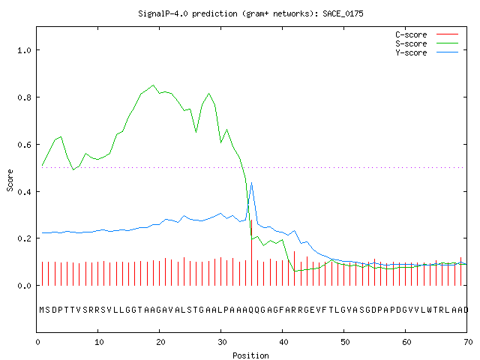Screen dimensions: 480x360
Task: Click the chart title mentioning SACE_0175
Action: pos(250,13)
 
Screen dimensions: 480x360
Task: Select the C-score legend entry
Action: pos(427,34)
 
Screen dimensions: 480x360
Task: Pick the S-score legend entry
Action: pos(427,43)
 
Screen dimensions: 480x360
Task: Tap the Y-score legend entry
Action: pos(427,52)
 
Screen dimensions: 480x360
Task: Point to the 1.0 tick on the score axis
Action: pos(24,50)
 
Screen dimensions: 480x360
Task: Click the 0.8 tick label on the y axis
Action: pos(24,97)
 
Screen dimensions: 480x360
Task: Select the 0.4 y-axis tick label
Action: pos(24,192)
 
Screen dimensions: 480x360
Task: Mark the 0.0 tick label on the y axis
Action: pos(24,286)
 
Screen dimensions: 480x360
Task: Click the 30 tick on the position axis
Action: pos(222,342)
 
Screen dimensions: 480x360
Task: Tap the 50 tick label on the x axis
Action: pos(345,342)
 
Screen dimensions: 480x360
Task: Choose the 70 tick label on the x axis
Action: pos(468,342)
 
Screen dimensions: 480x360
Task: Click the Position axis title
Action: pos(250,355)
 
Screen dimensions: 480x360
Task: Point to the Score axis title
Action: pos(10,180)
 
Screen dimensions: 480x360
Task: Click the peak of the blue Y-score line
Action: pos(252,183)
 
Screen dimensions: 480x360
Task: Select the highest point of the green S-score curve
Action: pos(153,85)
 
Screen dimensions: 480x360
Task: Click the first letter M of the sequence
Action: pos(42,310)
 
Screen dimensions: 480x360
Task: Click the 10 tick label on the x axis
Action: pos(99,342)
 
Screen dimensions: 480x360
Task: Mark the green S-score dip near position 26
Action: pos(196,132)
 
